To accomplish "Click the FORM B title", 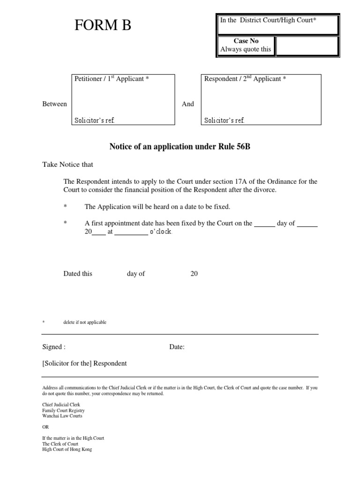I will pyautogui.click(x=103, y=26).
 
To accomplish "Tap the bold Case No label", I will pyautogui.click(x=246, y=41).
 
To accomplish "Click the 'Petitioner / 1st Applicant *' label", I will pyautogui.click(x=112, y=79).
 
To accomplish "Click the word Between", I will pyautogui.click(x=54, y=104).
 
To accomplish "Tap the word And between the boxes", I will pyautogui.click(x=187, y=104).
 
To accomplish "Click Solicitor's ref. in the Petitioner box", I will pyautogui.click(x=95, y=120).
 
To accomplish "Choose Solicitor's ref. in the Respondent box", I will pyautogui.click(x=224, y=120).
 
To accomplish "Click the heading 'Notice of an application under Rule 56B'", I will pyautogui.click(x=180, y=147).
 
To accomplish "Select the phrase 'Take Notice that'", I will pyautogui.click(x=68, y=165).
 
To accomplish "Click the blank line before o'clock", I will pyautogui.click(x=131, y=232).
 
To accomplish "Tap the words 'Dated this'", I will pyautogui.click(x=78, y=274).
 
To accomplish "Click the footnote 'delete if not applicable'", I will pyautogui.click(x=85, y=322).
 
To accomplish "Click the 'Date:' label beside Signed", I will pyautogui.click(x=177, y=347).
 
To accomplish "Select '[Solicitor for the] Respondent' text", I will pyautogui.click(x=84, y=363).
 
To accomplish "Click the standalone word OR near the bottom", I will pyautogui.click(x=45, y=427).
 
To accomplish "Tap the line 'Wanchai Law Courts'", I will pyautogui.click(x=62, y=416).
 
